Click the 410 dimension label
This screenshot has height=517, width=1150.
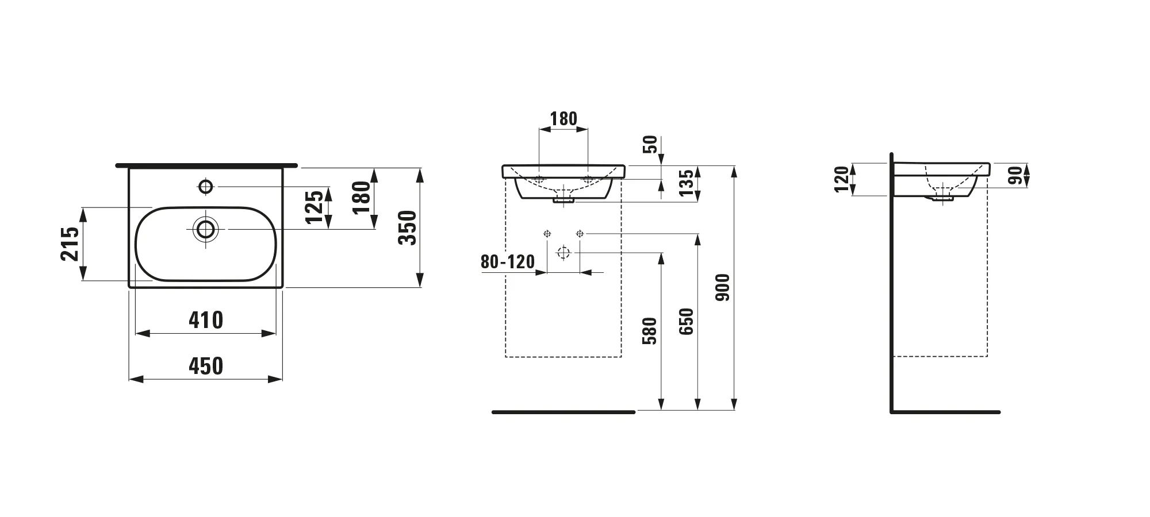tap(205, 320)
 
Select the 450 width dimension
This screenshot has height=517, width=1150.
tap(205, 366)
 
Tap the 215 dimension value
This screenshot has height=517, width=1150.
tap(70, 244)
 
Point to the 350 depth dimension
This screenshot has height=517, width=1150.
tap(407, 227)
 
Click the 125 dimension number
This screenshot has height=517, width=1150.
tap(314, 207)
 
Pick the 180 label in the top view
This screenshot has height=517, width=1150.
tap(361, 197)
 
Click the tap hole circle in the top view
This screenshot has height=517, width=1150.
tap(205, 186)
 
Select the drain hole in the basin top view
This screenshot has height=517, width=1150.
tap(205, 229)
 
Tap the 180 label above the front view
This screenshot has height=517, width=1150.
tap(563, 119)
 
